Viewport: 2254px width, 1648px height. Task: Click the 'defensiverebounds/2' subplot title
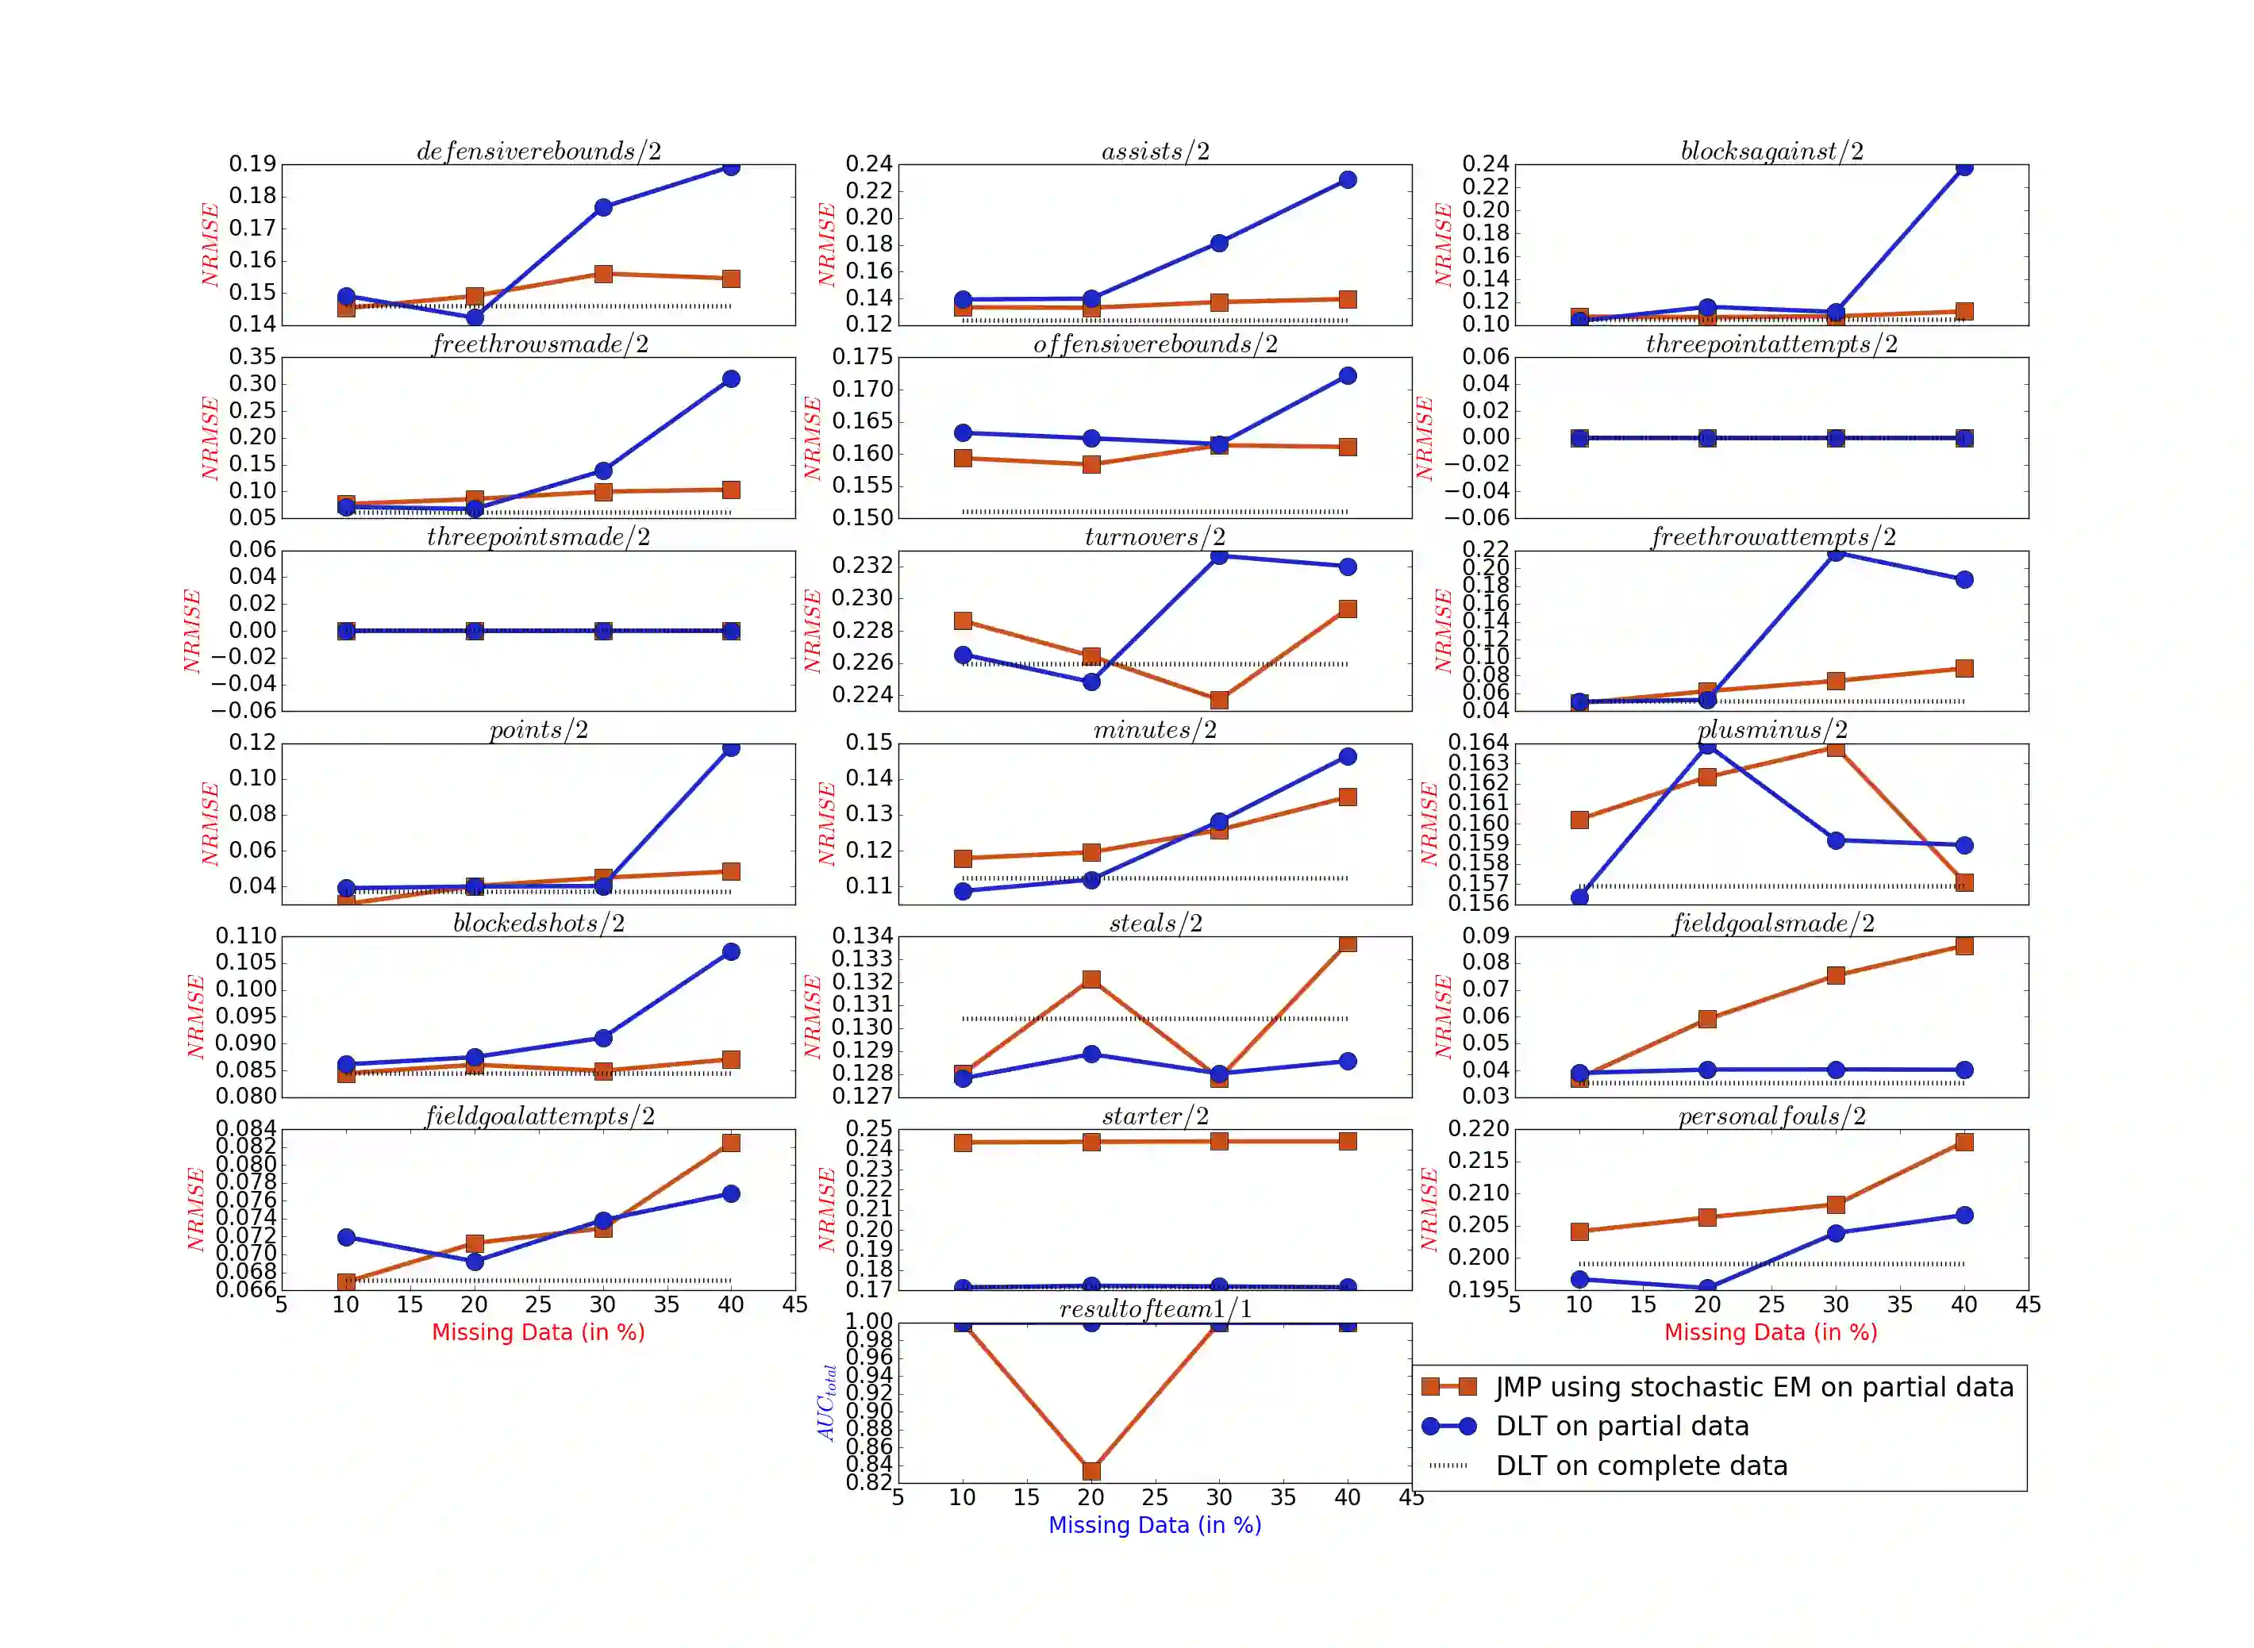coord(538,151)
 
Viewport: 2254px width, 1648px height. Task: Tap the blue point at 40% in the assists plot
coord(1347,179)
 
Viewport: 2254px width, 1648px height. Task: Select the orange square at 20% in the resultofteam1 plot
coord(1090,1470)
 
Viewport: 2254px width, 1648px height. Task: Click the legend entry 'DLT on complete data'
coord(1640,1466)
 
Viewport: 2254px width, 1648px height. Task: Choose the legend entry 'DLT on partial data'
coord(1621,1427)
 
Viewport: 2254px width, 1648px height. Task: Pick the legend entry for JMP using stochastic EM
coord(1753,1388)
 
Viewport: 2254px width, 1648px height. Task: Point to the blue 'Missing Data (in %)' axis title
coord(1155,1525)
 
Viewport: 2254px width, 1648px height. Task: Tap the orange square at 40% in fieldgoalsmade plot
coord(1964,946)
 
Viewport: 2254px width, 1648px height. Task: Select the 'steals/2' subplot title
coord(1155,923)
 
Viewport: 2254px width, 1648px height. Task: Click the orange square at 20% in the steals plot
coord(1090,980)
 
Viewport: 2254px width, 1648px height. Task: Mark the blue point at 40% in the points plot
coord(730,748)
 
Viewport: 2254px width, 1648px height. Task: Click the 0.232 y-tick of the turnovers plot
coord(862,566)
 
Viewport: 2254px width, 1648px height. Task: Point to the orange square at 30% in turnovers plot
coord(1218,701)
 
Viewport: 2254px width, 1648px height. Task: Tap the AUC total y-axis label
coord(826,1403)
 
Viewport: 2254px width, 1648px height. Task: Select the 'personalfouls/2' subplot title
coord(1771,1116)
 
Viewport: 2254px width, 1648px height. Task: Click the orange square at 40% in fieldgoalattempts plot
coord(730,1143)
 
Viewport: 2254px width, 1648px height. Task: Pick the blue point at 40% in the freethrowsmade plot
coord(730,379)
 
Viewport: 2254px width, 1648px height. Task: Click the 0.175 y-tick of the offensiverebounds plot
coord(862,357)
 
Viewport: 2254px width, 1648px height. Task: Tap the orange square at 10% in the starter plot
coord(963,1143)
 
